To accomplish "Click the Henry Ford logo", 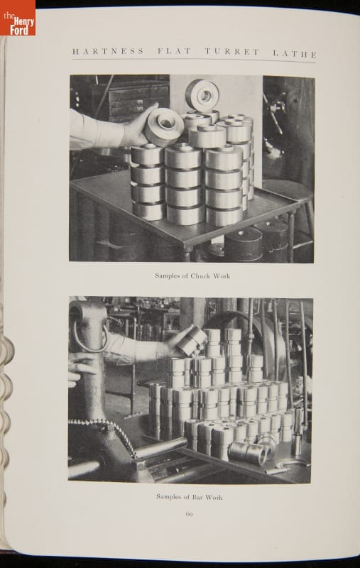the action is [x=17, y=18].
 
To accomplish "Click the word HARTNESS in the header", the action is [x=109, y=51].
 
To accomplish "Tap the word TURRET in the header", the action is [x=231, y=52].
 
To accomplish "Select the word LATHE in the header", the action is [x=295, y=54].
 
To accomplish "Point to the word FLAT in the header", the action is [x=174, y=51].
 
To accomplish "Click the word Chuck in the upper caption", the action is [x=200, y=276].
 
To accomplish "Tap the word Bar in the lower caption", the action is [x=197, y=497].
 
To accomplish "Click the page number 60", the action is [x=189, y=514].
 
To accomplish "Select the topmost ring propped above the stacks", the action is [x=202, y=95].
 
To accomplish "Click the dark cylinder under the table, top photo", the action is [x=244, y=244].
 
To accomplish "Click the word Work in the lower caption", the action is [x=214, y=498].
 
